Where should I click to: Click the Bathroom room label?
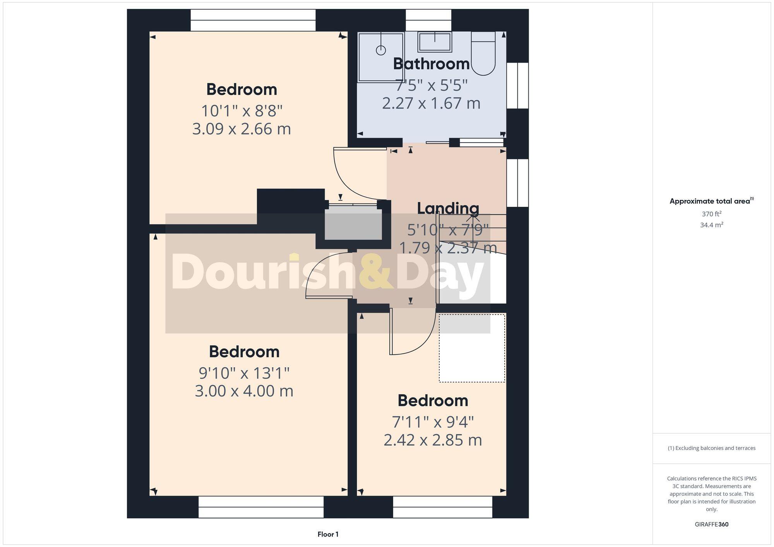tap(431, 64)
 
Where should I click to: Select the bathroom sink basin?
tap(435, 42)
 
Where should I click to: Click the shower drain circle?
tap(381, 50)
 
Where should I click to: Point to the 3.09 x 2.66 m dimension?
tap(241, 129)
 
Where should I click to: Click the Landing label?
tap(448, 208)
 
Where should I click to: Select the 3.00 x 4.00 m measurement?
tap(244, 391)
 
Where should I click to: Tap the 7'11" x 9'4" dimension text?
tap(433, 422)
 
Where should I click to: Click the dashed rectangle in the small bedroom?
tap(472, 348)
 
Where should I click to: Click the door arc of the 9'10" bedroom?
tap(325, 274)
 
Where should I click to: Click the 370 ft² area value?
tap(711, 214)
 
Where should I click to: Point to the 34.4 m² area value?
tap(711, 225)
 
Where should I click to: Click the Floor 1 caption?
tap(328, 534)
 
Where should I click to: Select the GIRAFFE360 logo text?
tap(711, 525)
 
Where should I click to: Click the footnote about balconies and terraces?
tap(711, 448)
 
